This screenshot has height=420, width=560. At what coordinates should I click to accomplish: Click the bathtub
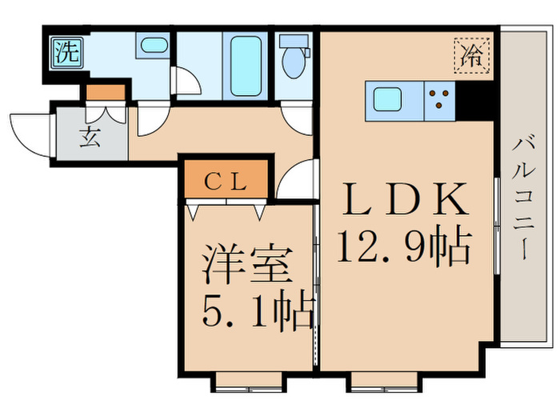coord(244,64)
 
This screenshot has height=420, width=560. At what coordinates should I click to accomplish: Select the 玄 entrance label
coord(90,138)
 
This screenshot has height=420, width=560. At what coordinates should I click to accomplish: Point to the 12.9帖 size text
coord(405,246)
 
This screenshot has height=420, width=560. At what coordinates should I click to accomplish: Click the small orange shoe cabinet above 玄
coord(106,91)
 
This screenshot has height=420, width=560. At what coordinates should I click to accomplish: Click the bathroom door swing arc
coord(185,82)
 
